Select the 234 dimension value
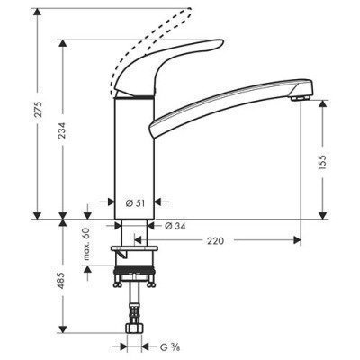62,129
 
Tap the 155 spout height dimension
321,162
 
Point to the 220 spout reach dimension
215,241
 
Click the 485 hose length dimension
62,278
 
